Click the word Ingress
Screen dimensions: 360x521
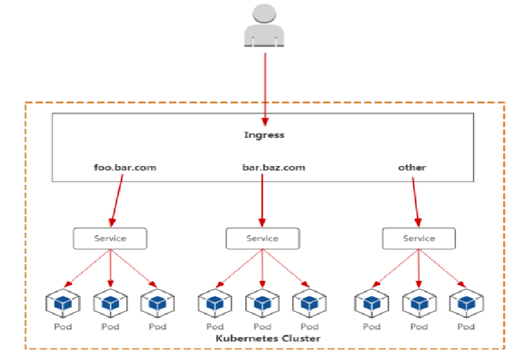click(x=264, y=135)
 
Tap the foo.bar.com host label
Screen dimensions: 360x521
click(x=126, y=167)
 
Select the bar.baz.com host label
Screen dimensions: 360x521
click(x=274, y=167)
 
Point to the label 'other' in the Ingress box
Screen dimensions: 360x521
click(x=412, y=167)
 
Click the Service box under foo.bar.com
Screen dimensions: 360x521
click(x=110, y=238)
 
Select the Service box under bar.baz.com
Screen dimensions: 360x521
click(x=262, y=238)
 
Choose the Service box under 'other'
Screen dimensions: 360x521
click(x=419, y=238)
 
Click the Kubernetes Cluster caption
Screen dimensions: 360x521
click(x=268, y=339)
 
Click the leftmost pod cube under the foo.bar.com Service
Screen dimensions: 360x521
click(x=62, y=303)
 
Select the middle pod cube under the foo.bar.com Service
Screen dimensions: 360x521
click(x=111, y=303)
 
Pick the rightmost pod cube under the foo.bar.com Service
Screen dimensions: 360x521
click(x=157, y=303)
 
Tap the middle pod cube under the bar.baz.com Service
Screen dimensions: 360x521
click(x=262, y=303)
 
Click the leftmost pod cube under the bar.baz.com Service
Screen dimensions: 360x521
click(x=214, y=303)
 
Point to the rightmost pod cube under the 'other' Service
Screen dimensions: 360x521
click(x=466, y=303)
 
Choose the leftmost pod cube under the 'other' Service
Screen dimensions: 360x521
click(x=371, y=303)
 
